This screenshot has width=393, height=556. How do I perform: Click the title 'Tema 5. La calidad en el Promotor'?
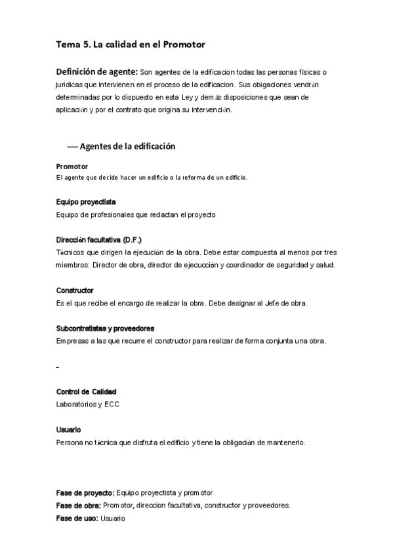[131, 45]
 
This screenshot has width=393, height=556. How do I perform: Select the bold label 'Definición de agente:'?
[96, 71]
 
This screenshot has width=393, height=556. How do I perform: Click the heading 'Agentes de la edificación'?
[127, 146]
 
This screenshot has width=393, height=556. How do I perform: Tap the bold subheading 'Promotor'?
[72, 167]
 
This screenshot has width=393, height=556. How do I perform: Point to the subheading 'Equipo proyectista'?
[86, 202]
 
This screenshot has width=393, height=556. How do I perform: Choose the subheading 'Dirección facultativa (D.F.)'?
[98, 240]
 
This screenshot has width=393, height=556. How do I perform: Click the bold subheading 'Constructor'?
[75, 290]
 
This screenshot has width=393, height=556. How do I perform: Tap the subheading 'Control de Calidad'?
[86, 391]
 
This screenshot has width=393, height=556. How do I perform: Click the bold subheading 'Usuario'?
[68, 429]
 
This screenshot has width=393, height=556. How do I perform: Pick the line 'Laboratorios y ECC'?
[88, 405]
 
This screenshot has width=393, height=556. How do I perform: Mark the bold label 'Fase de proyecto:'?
[85, 492]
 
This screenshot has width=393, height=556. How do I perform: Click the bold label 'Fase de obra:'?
[78, 506]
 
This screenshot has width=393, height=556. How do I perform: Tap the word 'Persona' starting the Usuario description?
[70, 443]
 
